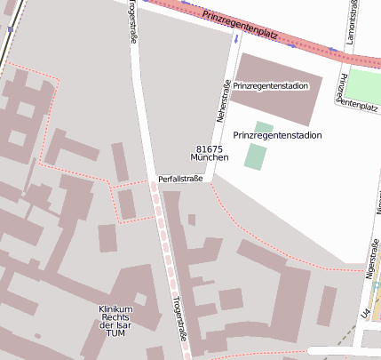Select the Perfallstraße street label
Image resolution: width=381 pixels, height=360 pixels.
pyautogui.click(x=180, y=179)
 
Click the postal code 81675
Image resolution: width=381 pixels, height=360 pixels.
pyautogui.click(x=210, y=148)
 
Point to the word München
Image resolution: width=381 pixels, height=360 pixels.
pyautogui.click(x=210, y=157)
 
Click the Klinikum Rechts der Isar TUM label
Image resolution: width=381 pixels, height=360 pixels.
pyautogui.click(x=115, y=321)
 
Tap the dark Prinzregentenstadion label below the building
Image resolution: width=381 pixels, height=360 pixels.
pyautogui.click(x=277, y=135)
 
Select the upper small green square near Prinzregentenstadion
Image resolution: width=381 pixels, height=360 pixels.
pyautogui.click(x=264, y=126)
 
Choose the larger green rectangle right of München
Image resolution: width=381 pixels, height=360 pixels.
pyautogui.click(x=255, y=157)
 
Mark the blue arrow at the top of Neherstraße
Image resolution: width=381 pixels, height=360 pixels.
pyautogui.click(x=236, y=39)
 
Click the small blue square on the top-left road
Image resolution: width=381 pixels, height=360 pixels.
pyautogui.click(x=10, y=29)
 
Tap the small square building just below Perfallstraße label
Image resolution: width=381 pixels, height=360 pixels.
pyautogui.click(x=192, y=220)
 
